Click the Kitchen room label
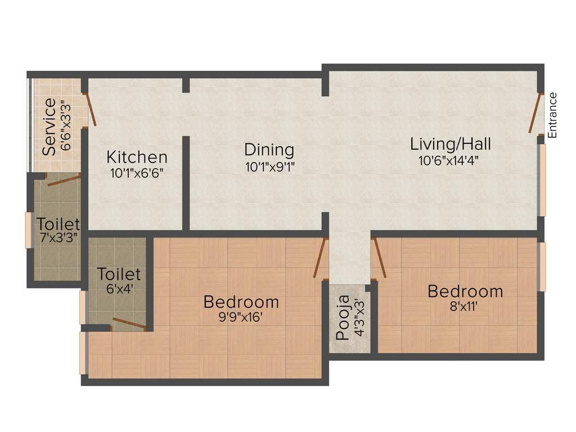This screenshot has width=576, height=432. (x=137, y=156)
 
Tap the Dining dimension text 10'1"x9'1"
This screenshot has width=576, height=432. (x=270, y=167)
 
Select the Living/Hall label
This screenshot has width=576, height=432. (x=450, y=144)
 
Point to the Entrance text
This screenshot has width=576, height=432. (x=552, y=115)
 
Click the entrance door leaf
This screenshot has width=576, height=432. (x=535, y=113)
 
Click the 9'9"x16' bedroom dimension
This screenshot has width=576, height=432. (x=241, y=317)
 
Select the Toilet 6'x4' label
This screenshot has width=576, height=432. (x=118, y=274)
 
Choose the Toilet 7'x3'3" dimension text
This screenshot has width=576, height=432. (x=58, y=238)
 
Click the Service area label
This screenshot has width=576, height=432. (x=49, y=127)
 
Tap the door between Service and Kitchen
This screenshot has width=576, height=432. (x=91, y=110)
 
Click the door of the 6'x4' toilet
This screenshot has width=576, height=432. (x=129, y=324)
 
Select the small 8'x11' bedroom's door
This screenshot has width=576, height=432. (x=379, y=258)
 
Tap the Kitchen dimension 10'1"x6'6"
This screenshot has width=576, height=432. (x=137, y=173)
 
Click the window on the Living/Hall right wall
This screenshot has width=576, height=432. (x=543, y=180)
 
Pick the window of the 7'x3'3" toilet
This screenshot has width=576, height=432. (x=28, y=229)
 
